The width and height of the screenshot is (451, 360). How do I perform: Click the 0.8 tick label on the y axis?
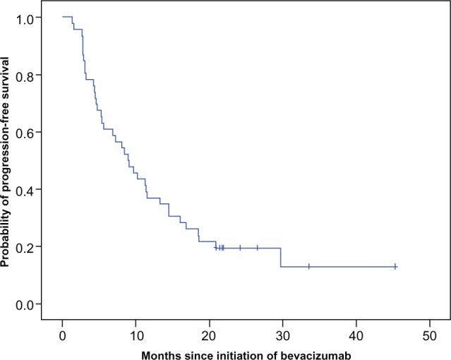point(32,75)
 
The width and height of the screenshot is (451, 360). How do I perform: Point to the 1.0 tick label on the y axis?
point(32,18)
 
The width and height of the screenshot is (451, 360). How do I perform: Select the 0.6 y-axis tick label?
point(32,132)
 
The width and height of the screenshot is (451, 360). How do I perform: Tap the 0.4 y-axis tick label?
point(32,189)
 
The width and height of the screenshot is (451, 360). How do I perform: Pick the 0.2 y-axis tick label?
point(32,246)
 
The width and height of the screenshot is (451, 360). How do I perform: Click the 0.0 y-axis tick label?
point(32,304)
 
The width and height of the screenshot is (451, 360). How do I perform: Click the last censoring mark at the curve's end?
point(395,266)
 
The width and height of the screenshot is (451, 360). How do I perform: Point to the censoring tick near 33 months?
point(309,266)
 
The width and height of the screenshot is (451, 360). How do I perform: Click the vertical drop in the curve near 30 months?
point(281,257)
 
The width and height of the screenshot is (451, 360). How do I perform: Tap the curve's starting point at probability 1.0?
point(63,17)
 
